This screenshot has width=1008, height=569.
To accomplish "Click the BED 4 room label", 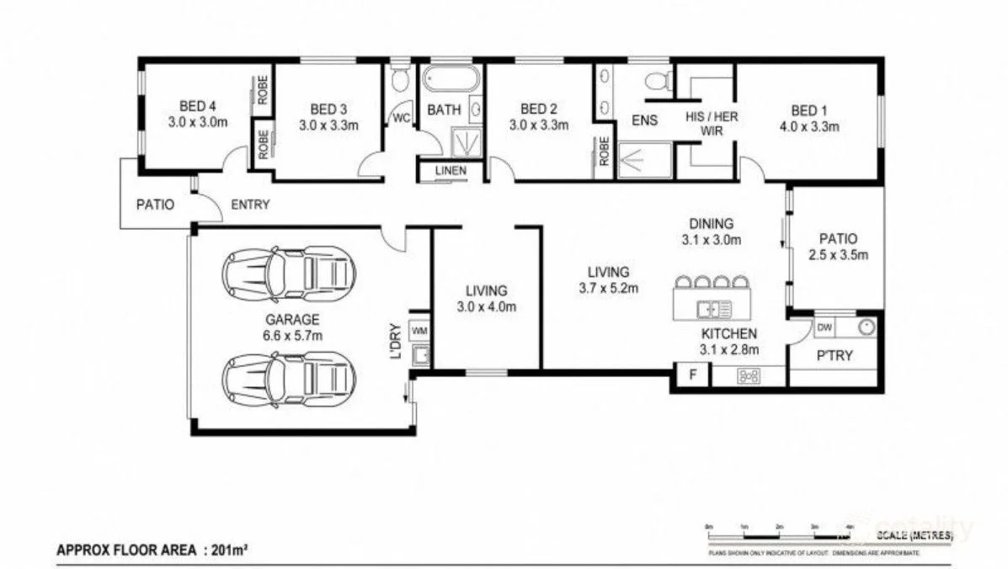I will pos(198,107).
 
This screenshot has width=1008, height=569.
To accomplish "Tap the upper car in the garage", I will pos(288,272).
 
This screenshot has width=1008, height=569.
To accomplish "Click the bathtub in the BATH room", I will pos(450,80).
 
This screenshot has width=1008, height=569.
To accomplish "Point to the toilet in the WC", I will pos(400,81).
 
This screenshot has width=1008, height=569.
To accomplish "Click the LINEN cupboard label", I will pos(450,171).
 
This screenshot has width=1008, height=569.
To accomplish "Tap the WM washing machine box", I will pos(419,329).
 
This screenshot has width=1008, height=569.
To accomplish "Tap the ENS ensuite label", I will pos(644,120).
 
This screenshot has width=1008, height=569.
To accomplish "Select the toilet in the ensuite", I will pos(656,81).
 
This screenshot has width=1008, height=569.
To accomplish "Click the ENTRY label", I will pos(250,205).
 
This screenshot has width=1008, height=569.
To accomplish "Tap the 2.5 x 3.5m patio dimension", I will pos(838,254).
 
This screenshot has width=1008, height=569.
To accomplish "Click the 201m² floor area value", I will pos(231,551).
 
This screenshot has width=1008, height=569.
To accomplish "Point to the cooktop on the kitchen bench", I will pos(747,376).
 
